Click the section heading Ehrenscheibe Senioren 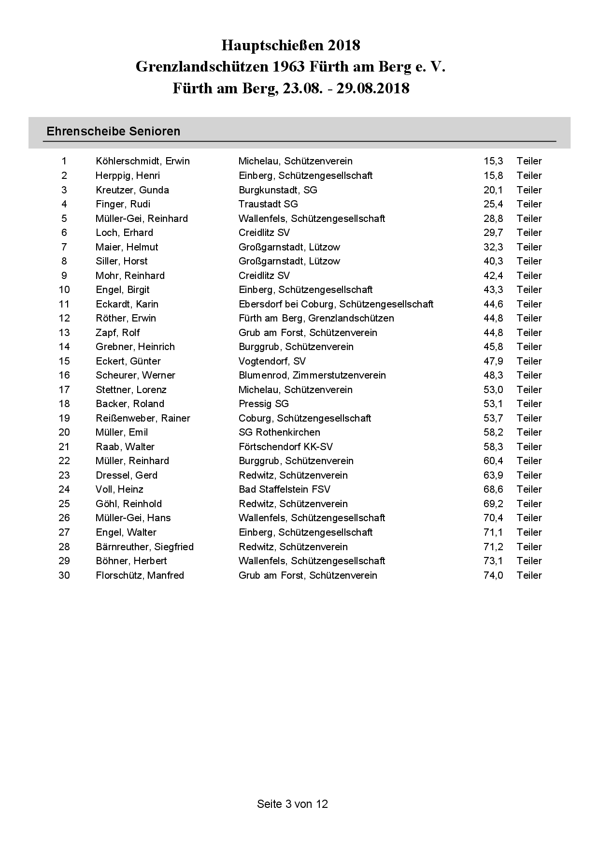point(113,132)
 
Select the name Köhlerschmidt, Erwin point(143,161)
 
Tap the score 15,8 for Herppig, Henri point(493,175)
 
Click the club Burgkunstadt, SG point(278,190)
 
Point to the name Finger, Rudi point(123,204)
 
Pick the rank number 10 point(64,290)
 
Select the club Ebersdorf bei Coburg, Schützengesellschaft point(336,304)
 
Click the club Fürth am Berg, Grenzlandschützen point(316,318)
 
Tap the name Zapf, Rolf point(117,333)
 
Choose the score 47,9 point(493,361)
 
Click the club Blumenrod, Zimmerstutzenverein point(312,375)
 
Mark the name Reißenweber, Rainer point(143,418)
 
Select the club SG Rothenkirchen point(279,432)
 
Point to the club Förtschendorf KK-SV point(285,447)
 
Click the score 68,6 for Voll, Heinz point(493,489)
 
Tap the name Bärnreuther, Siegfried point(144,547)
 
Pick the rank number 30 point(64,575)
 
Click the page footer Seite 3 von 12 point(292,804)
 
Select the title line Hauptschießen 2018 point(291,45)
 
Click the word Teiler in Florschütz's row point(529,575)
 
